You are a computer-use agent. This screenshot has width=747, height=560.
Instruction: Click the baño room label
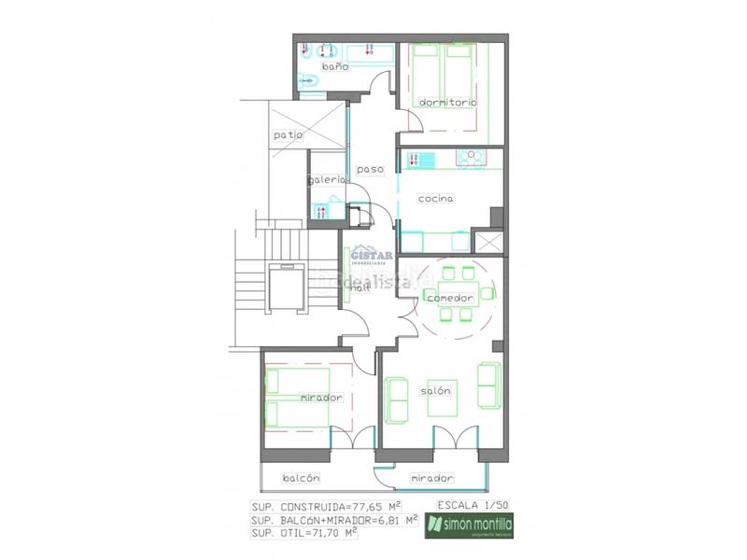point(335,67)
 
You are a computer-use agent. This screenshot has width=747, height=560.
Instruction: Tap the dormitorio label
point(448,102)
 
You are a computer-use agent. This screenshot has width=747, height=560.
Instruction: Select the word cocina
point(435,198)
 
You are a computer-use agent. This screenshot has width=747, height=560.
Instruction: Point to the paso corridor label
point(370,169)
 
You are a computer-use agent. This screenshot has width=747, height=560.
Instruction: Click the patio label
point(289,135)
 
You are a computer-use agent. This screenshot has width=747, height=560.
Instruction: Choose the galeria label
point(328,179)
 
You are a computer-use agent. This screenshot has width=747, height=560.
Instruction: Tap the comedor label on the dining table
point(448,297)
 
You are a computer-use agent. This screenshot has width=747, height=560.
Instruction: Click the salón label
point(436,390)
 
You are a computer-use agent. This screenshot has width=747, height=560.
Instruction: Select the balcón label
point(301,477)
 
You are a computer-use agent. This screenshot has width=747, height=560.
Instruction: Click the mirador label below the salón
point(432,478)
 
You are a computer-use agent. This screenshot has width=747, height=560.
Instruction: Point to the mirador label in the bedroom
point(321,398)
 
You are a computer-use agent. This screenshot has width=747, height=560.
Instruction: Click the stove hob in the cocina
point(472,160)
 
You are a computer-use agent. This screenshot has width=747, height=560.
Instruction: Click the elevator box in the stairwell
point(288,288)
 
